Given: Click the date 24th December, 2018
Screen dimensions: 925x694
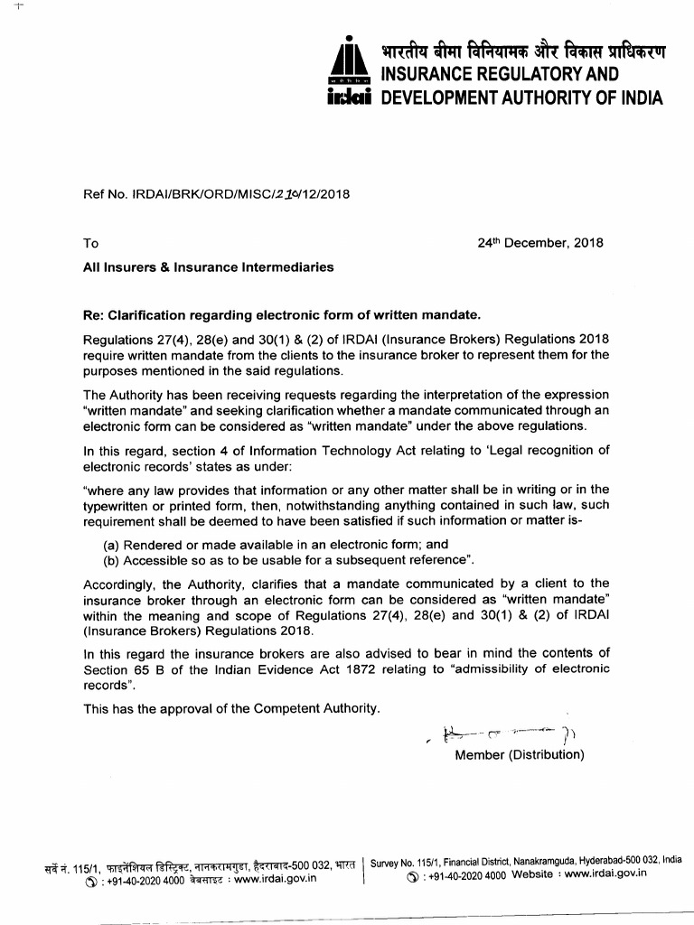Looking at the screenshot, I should click(x=539, y=243).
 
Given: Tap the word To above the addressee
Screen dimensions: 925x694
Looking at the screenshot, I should click(x=91, y=244).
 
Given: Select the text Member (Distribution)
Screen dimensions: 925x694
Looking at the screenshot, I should click(x=520, y=755).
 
